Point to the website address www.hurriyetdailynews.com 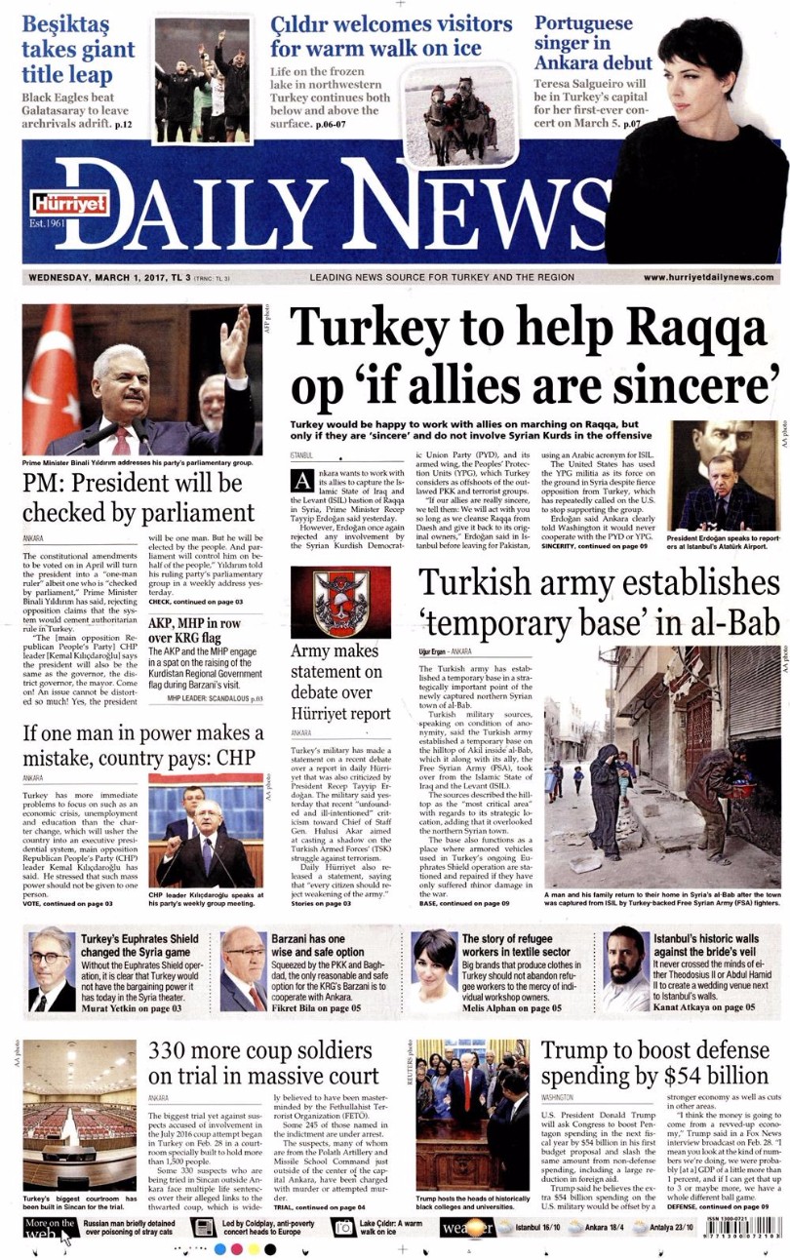pyautogui.click(x=709, y=278)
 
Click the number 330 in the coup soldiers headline pyautogui.click(x=179, y=1051)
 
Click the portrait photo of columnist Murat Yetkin pyautogui.click(x=51, y=969)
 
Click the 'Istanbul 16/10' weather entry pyautogui.click(x=537, y=1225)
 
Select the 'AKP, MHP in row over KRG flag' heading pyautogui.click(x=193, y=630)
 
